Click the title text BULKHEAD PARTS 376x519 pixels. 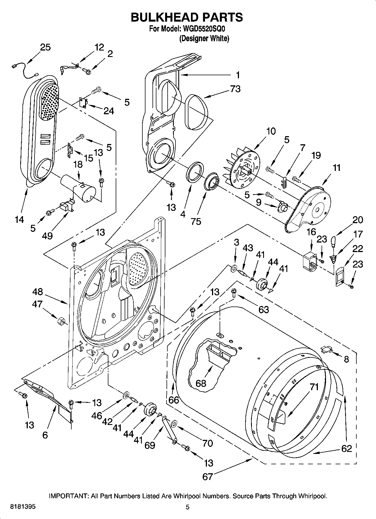click(x=187, y=17)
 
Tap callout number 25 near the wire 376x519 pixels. click(x=45, y=47)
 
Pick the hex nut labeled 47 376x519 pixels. click(x=61, y=320)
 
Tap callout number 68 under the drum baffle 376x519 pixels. click(x=201, y=383)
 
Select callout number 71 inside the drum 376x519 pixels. click(x=314, y=387)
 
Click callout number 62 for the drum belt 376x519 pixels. click(x=347, y=448)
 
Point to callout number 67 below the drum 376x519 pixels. click(x=208, y=476)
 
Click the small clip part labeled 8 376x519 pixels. click(x=326, y=349)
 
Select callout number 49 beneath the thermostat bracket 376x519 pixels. click(x=47, y=236)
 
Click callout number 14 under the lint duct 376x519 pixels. click(x=19, y=219)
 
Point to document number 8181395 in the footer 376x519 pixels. click(x=23, y=507)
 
